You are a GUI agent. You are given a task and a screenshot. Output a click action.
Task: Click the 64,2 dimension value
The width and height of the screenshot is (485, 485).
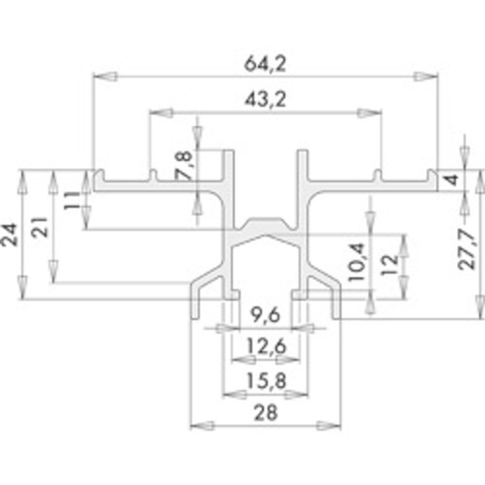[x=265, y=64]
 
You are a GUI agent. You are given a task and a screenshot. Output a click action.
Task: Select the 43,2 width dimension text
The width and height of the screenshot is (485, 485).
[x=265, y=99]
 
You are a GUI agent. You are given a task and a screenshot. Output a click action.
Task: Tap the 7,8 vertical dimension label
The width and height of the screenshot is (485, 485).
[x=183, y=166]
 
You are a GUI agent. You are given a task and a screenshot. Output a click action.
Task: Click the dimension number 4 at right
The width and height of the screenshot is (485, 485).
[x=453, y=179]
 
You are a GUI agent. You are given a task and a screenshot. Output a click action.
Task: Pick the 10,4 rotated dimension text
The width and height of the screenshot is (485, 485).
[x=357, y=263]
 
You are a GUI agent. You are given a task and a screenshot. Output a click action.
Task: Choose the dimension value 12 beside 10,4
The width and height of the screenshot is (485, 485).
[x=389, y=265]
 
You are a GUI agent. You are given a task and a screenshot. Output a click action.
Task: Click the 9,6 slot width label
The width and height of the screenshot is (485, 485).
[x=265, y=315]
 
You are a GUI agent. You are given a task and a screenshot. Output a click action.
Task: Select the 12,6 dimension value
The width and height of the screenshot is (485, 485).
[x=266, y=346]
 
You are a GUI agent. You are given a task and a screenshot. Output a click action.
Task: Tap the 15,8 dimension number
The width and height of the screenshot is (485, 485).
[x=266, y=380]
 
